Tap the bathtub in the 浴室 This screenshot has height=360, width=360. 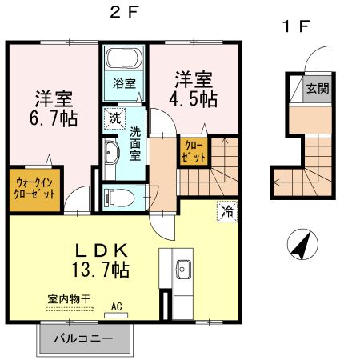[x=124, y=60]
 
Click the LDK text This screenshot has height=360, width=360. [x=94, y=250]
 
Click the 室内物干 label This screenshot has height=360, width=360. [x=68, y=298]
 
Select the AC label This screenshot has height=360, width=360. [x=116, y=305]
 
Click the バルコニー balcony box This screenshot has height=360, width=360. [x=83, y=338]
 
